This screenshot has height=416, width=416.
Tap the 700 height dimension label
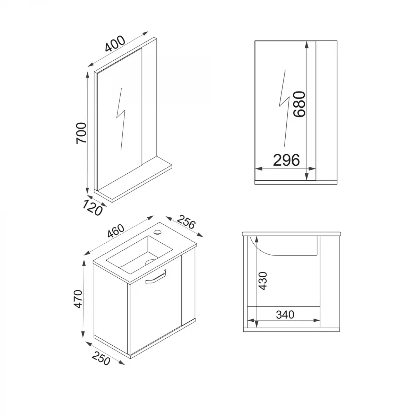click(81, 132)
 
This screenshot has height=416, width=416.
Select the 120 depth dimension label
click(92, 207)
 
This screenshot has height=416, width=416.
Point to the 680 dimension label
click(298, 104)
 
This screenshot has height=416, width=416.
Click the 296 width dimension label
click(286, 161)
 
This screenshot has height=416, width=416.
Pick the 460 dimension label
click(116, 231)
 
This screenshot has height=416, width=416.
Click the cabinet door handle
click(156, 278)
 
